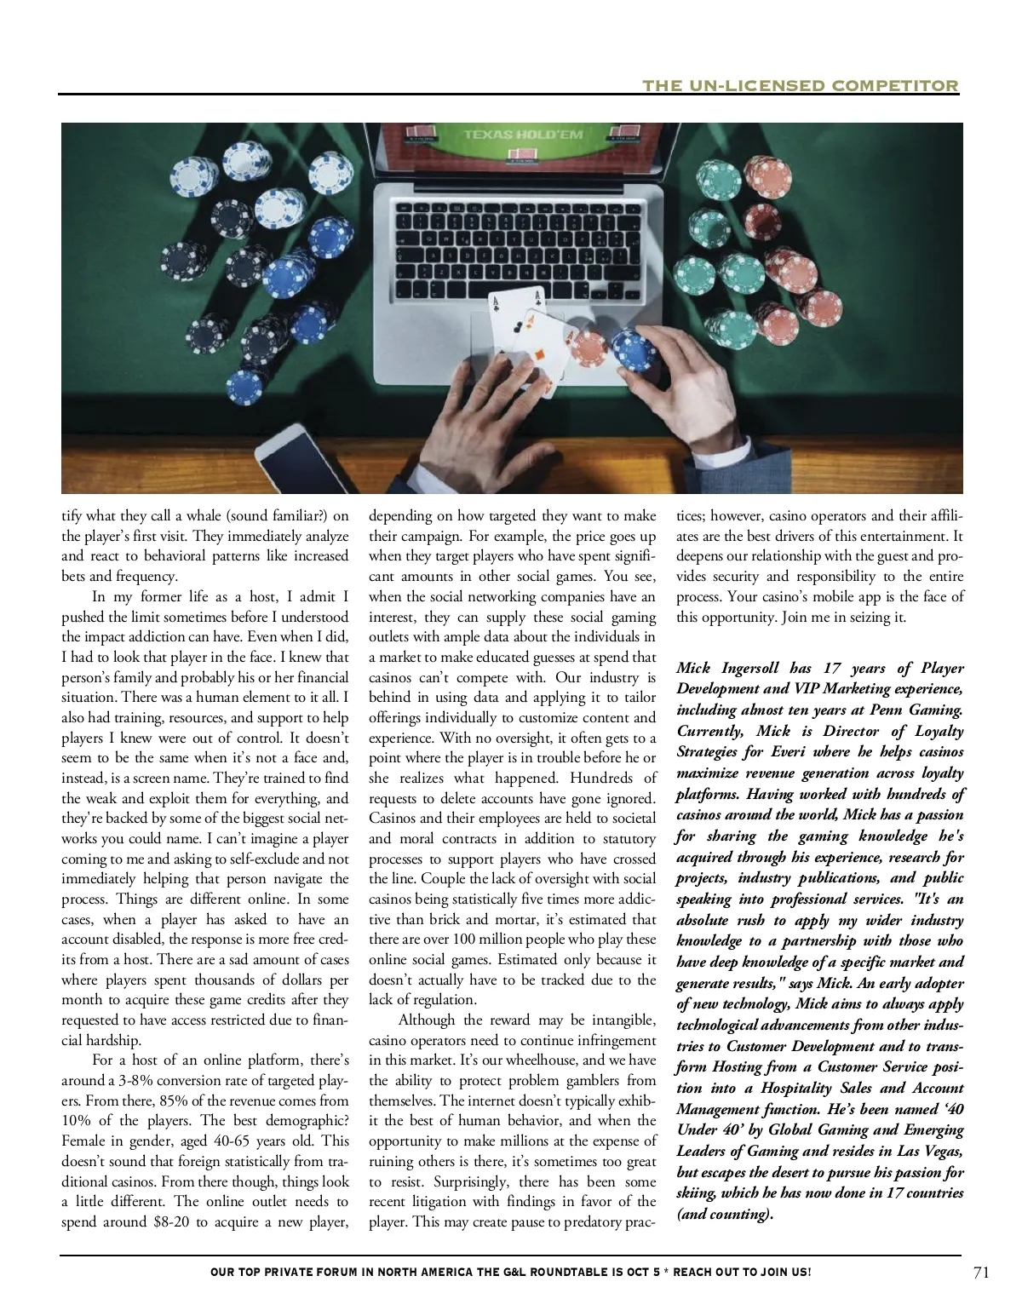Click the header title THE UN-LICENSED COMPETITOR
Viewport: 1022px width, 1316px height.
800,85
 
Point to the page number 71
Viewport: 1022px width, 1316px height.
980,1273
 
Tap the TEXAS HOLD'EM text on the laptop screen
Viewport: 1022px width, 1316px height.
522,135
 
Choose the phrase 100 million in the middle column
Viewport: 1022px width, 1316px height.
464,940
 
